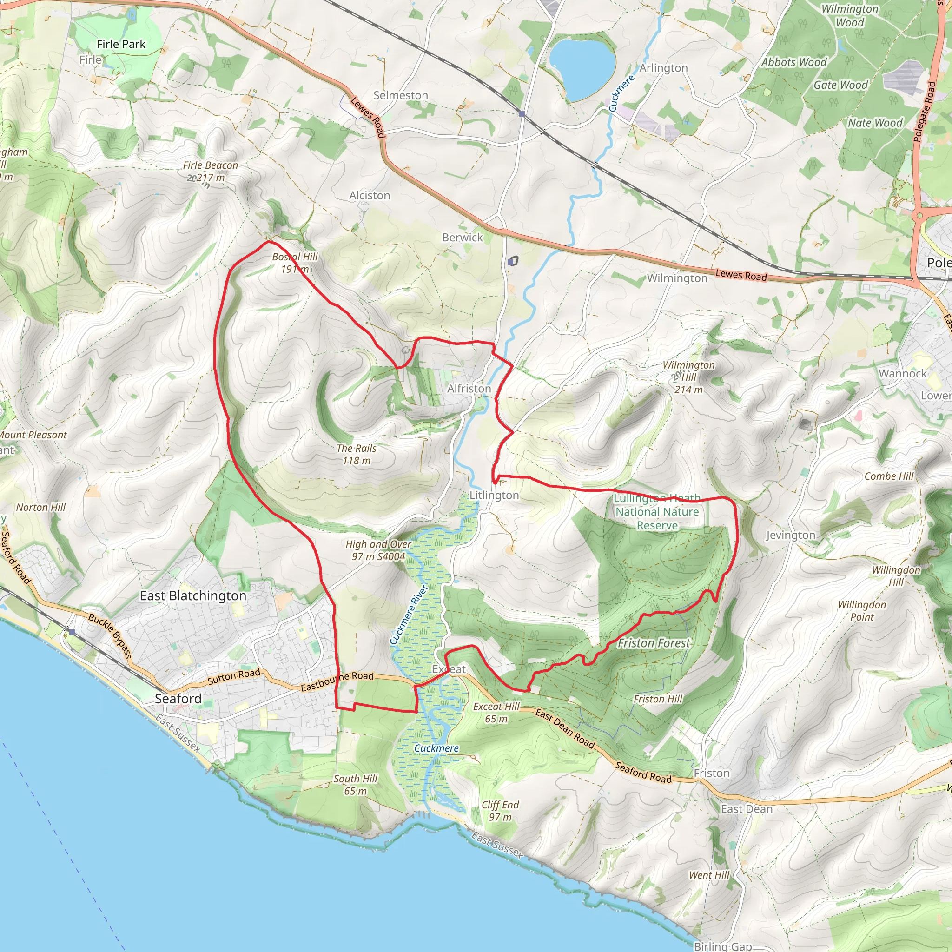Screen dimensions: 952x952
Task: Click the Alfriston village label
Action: click(469, 389)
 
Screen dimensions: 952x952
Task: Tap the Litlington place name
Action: click(494, 495)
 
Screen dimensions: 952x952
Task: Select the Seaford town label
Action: click(178, 699)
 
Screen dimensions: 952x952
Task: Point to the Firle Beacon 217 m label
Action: click(211, 172)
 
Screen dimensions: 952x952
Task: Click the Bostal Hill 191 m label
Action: click(295, 263)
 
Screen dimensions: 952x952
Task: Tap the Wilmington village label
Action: click(676, 278)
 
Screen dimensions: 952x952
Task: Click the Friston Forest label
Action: click(654, 643)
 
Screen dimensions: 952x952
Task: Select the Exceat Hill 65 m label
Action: click(496, 713)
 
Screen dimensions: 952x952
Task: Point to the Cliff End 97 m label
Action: click(500, 811)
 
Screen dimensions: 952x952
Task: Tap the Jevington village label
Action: click(790, 535)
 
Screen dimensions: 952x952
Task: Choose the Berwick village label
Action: click(462, 238)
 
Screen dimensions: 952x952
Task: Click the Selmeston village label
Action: click(400, 96)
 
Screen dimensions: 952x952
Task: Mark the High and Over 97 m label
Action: click(378, 550)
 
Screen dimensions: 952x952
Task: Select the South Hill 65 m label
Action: click(355, 785)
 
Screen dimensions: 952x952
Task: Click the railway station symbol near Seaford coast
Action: click(72, 632)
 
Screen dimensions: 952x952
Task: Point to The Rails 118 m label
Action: click(356, 454)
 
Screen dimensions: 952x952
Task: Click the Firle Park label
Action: click(121, 44)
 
